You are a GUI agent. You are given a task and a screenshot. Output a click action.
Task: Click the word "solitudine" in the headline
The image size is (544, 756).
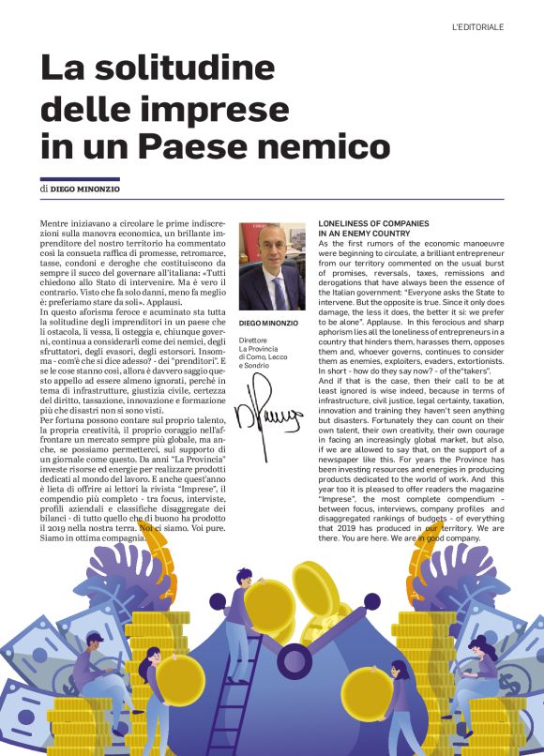195,69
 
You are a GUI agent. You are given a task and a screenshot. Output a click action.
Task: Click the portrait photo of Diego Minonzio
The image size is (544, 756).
272,266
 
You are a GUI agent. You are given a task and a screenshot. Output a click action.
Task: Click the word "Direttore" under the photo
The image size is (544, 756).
254,340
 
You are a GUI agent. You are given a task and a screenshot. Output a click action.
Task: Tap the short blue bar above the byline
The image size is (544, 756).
80,177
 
